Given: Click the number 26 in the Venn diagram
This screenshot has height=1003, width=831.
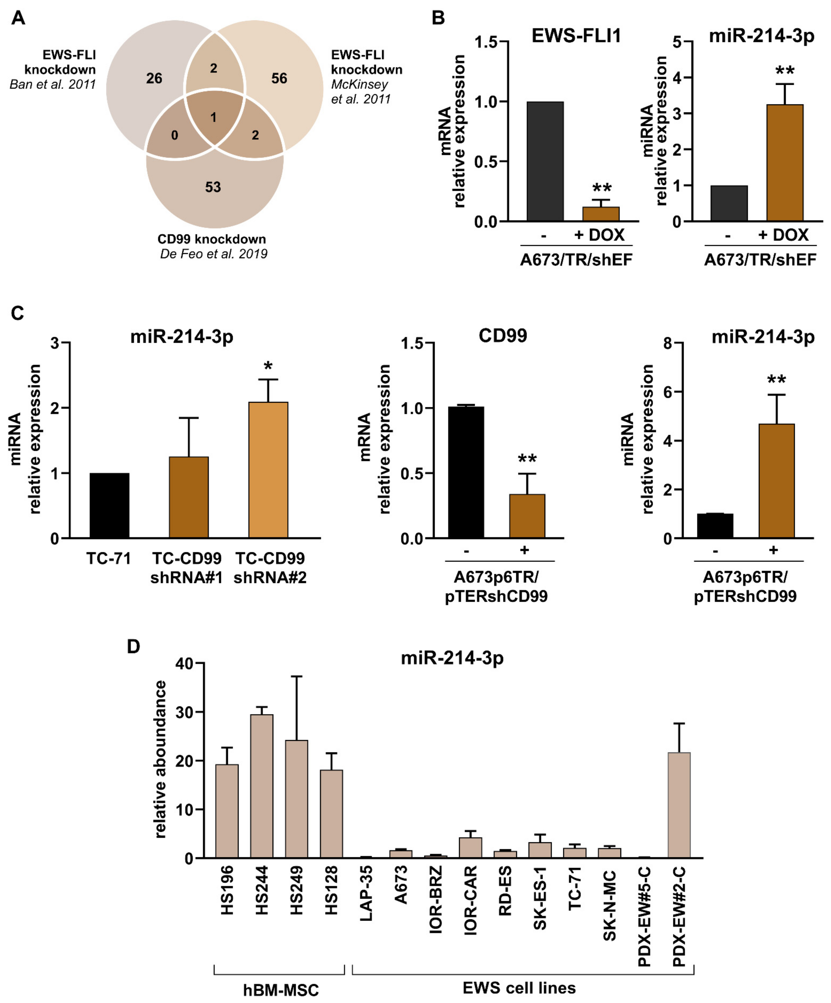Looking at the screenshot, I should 154,78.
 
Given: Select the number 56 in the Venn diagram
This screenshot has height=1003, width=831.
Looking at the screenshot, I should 279,78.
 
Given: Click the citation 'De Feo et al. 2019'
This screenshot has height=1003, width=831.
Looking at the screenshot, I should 214,254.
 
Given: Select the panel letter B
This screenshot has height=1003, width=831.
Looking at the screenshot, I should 438,18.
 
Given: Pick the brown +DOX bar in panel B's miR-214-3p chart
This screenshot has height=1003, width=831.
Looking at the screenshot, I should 785,162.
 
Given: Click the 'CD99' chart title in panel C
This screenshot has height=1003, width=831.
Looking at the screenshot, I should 503,336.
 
